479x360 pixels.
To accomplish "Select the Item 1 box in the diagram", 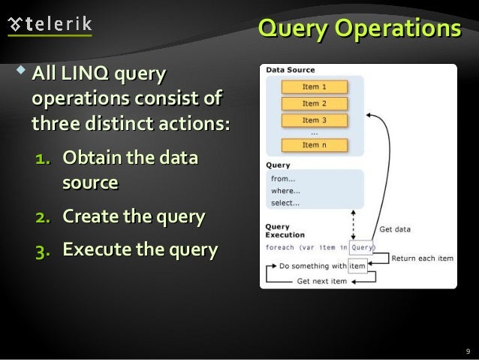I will coord(315,86).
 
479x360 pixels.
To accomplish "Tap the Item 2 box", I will coord(315,104).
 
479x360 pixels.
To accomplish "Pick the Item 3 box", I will coord(315,120).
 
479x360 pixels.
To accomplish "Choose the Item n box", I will coord(315,144).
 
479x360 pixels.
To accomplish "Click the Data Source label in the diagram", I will coord(288,70).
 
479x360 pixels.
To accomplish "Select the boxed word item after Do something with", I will coord(357,265).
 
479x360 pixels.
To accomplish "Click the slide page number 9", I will coord(467,351).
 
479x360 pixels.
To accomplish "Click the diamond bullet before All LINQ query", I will coord(20,73).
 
